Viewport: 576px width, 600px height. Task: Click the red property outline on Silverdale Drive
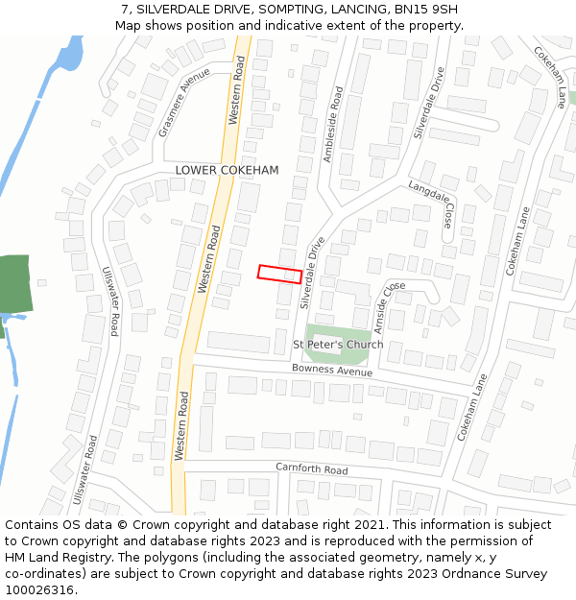pos(279,274)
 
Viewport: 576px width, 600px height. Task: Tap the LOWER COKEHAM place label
pos(228,170)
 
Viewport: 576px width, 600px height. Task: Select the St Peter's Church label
pos(338,345)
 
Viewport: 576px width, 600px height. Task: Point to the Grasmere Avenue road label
pos(184,103)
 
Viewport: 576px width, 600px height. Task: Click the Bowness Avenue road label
pos(332,371)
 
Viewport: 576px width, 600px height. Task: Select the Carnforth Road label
pos(311,470)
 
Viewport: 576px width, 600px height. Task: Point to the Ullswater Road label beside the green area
pos(109,300)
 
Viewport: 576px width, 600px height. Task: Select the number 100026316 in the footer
pos(39,590)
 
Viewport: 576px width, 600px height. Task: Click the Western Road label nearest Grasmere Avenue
pos(237,88)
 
